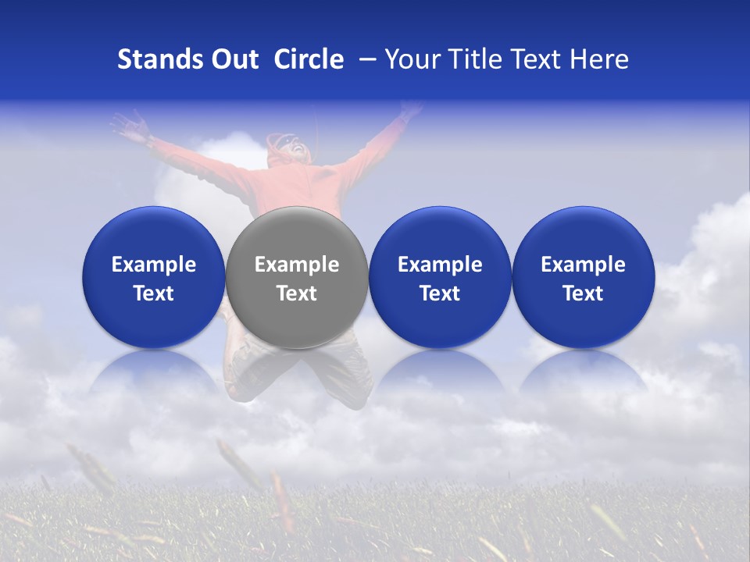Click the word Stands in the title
[159, 59]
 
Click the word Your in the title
[409, 59]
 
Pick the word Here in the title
[599, 59]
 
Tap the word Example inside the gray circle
[296, 265]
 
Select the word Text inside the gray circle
[296, 293]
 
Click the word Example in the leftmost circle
[153, 265]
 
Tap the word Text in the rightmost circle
[583, 293]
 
